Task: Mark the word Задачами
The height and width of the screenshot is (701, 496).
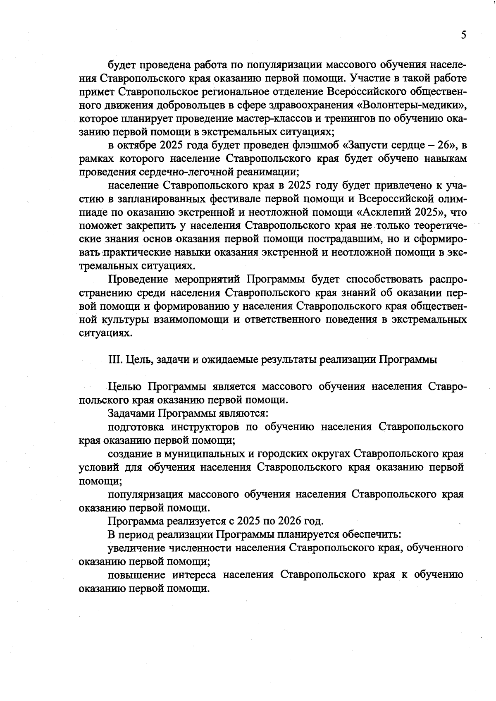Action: tap(132, 413)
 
